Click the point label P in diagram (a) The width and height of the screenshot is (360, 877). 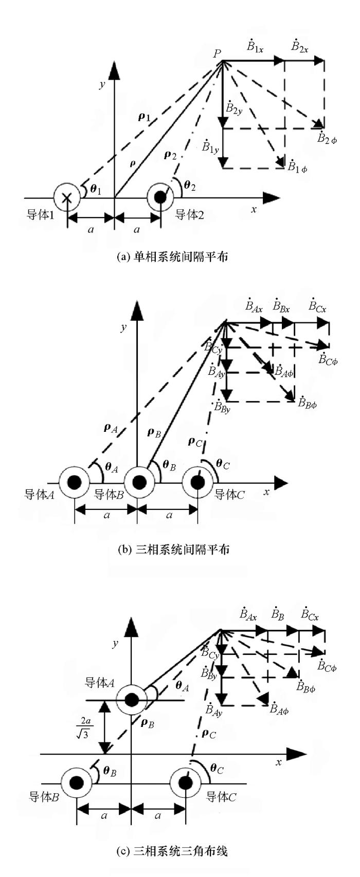tap(218, 53)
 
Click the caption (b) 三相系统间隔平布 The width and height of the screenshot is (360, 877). tap(173, 550)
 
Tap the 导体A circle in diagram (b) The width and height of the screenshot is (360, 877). tap(75, 483)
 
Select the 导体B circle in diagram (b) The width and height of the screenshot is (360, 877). tap(138, 483)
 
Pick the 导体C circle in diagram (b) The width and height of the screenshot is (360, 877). tap(198, 483)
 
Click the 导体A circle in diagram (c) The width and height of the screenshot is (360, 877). tap(131, 700)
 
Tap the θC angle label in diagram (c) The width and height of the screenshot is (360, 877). tap(217, 769)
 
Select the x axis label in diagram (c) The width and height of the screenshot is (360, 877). tap(278, 762)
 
